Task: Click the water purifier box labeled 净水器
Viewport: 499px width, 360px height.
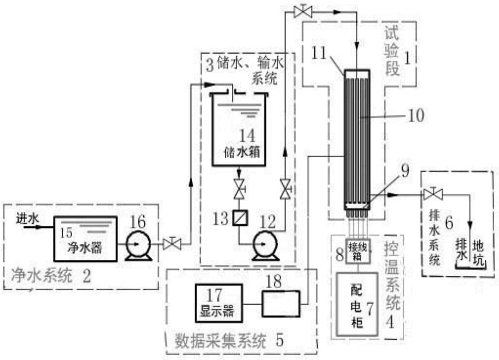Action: click(85, 239)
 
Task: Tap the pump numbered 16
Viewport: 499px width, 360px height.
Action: click(138, 245)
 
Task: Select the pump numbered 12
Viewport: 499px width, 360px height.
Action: click(265, 245)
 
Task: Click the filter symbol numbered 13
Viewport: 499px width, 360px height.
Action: click(240, 218)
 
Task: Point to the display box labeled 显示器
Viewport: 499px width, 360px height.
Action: click(219, 303)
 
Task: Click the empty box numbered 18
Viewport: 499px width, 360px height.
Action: click(281, 304)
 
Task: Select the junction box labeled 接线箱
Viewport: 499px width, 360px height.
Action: click(357, 251)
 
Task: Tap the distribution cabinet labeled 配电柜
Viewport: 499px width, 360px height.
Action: click(357, 304)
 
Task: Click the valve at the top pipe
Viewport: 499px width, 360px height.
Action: click(303, 12)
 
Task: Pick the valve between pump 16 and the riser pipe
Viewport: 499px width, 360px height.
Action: click(172, 244)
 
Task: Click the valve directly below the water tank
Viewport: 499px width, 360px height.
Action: click(239, 189)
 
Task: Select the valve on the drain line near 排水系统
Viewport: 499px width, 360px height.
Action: click(433, 194)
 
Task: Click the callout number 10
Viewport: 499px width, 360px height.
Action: click(416, 115)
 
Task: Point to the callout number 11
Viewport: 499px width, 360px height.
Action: click(319, 53)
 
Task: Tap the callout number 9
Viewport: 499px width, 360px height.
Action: click(405, 171)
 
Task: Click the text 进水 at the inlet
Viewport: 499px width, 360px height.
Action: click(27, 219)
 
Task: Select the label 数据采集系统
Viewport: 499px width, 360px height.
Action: click(221, 341)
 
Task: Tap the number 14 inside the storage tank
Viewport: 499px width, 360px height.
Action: click(247, 135)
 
